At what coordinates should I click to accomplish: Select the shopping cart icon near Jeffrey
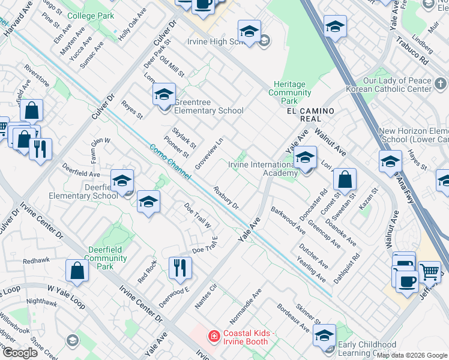429,272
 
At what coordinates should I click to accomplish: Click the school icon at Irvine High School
249,31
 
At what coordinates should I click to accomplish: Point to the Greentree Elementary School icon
164,94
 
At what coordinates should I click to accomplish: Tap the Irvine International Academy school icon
306,158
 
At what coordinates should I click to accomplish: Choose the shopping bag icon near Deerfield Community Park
77,271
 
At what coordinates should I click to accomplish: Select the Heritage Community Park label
290,92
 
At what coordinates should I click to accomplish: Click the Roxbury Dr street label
226,197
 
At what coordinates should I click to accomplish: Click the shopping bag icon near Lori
345,179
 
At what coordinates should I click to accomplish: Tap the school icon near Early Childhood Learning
325,336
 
